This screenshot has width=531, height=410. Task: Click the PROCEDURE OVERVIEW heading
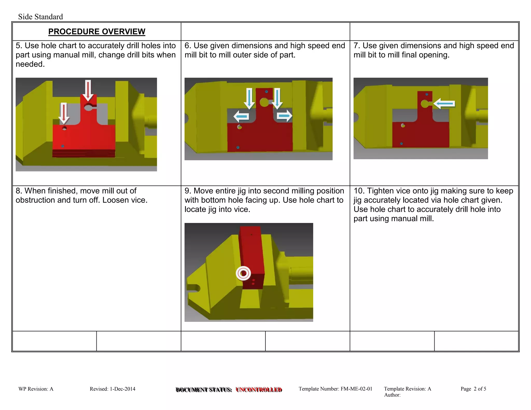coord(96,32)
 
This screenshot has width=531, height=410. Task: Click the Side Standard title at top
coord(40,17)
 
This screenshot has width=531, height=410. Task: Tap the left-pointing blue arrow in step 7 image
coord(444,104)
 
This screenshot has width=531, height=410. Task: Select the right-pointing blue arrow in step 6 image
coord(284,116)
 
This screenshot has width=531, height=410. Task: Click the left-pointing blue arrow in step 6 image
coord(241,116)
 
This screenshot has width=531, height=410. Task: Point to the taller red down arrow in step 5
coord(88,90)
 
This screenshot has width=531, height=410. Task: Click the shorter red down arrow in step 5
coord(64,113)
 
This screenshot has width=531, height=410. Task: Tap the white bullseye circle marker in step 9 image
coord(243,273)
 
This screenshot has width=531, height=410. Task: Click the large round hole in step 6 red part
coord(264,102)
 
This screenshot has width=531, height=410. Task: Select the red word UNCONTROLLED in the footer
coord(259,390)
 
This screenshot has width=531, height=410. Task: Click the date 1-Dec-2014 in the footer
coord(122,389)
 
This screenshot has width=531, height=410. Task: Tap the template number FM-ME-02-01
coord(356,389)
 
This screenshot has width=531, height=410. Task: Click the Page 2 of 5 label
coord(473,389)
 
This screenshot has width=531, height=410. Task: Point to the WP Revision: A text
coord(36,389)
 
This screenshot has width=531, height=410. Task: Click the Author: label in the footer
coord(392,395)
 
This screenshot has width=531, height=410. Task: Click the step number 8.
coord(19,191)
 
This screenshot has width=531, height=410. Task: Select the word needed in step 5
coord(30,64)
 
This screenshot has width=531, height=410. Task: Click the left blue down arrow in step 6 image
coord(249,98)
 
